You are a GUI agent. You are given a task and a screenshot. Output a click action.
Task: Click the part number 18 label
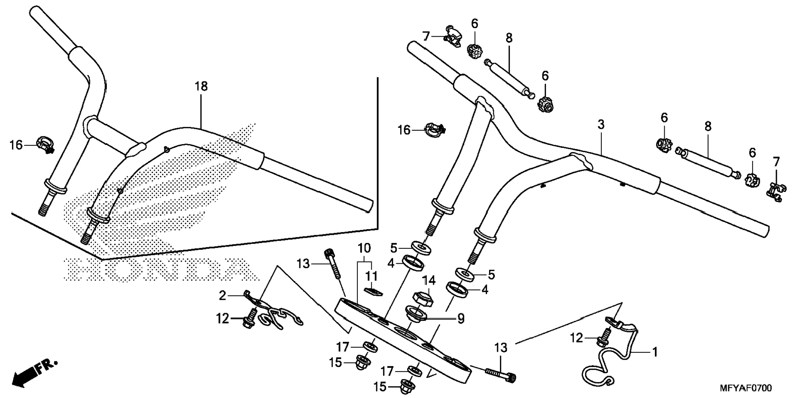(x=201, y=87)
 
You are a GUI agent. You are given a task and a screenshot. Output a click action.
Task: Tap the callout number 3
(x=601, y=124)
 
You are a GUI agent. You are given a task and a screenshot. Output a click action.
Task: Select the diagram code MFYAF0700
(x=745, y=388)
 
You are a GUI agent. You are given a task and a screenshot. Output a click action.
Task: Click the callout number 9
(x=461, y=318)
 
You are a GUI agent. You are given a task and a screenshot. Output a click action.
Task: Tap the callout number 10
(x=364, y=248)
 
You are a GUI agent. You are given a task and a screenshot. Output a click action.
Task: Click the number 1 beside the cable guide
(x=654, y=352)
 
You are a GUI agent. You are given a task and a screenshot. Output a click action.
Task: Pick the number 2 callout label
(x=223, y=295)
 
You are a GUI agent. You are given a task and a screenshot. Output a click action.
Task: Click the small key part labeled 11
(x=374, y=292)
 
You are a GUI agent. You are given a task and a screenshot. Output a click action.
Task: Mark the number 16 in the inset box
(x=16, y=145)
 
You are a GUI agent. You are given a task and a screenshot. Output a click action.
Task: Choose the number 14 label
(x=429, y=281)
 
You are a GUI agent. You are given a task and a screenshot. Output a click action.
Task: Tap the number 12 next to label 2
(x=223, y=318)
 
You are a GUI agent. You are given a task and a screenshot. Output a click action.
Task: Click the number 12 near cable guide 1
(x=577, y=338)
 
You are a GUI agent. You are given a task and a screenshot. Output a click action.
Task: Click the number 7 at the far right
(x=776, y=162)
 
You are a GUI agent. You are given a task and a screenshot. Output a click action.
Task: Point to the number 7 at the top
(x=426, y=36)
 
